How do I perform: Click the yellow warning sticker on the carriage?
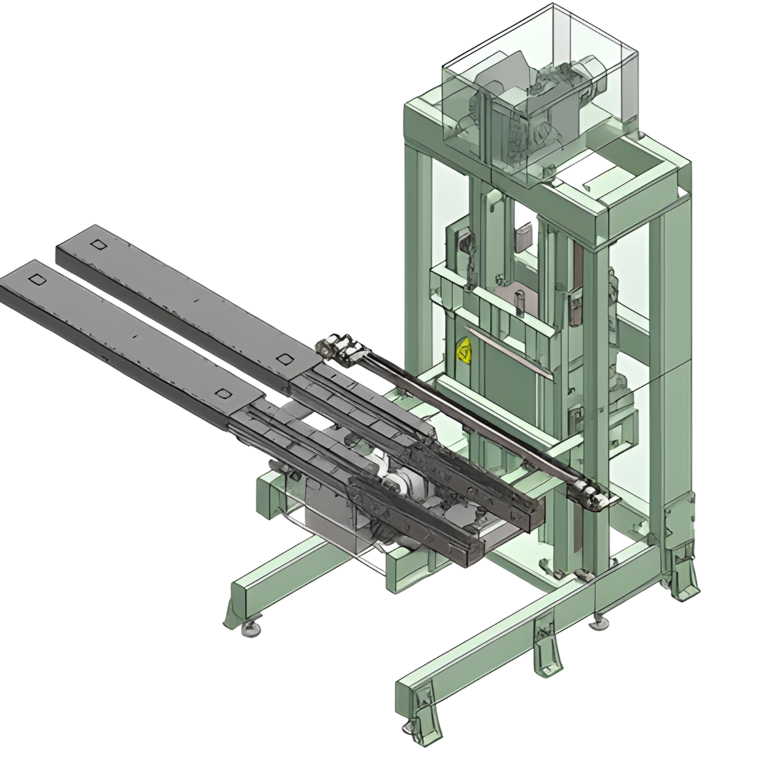tap(465, 351)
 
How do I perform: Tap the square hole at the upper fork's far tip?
tap(96, 244)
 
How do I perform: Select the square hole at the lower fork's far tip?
tap(37, 279)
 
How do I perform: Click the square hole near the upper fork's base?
tap(284, 358)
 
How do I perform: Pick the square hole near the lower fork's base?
tap(222, 393)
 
